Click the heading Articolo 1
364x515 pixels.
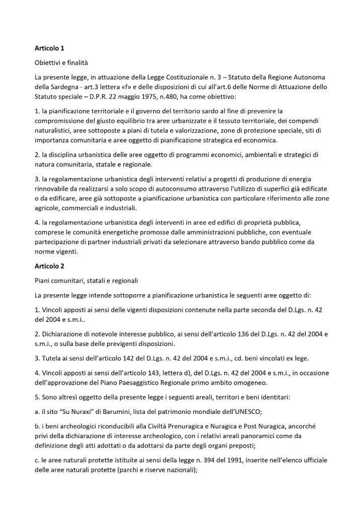click(x=49, y=49)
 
